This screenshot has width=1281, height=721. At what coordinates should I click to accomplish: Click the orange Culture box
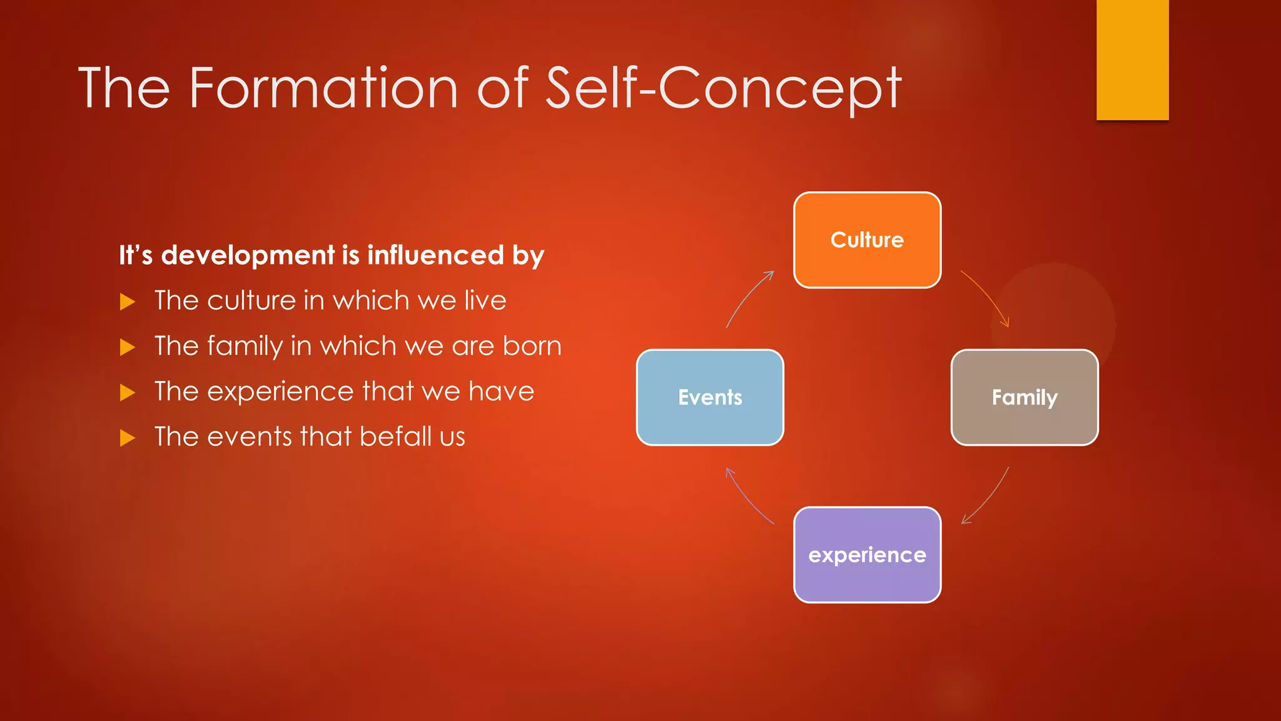click(x=867, y=240)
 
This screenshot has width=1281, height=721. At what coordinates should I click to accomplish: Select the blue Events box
click(x=710, y=397)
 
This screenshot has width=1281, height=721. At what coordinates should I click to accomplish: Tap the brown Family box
click(x=1025, y=397)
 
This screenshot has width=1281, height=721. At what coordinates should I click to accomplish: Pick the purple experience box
click(x=867, y=555)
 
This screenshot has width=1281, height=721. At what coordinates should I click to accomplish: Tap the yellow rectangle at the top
click(x=1132, y=59)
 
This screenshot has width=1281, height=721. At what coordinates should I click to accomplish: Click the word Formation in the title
click(x=323, y=88)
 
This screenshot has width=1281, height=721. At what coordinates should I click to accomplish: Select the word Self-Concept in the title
click(x=723, y=88)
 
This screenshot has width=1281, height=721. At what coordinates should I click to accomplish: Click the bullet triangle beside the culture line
click(x=128, y=302)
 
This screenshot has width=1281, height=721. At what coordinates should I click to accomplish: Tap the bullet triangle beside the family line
click(x=128, y=347)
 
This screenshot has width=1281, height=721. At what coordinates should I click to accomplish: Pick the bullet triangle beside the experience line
click(x=128, y=392)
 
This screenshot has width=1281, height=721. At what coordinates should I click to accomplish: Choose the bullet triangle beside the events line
click(x=128, y=437)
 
